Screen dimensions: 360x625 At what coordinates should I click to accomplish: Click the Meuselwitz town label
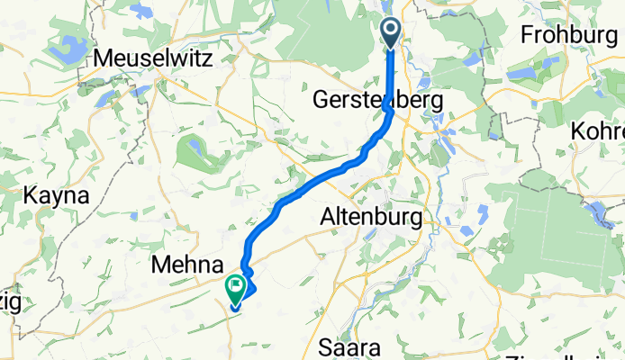tap(153, 59)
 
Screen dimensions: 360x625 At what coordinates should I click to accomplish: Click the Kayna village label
tap(57, 195)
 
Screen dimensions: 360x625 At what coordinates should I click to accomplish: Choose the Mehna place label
tap(187, 265)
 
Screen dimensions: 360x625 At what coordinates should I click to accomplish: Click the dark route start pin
tap(392, 32)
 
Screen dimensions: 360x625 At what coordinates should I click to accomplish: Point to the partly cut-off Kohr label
tap(597, 131)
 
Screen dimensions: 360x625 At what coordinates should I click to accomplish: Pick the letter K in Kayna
tap(31, 195)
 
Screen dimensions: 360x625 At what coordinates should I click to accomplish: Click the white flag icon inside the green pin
tap(236, 287)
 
